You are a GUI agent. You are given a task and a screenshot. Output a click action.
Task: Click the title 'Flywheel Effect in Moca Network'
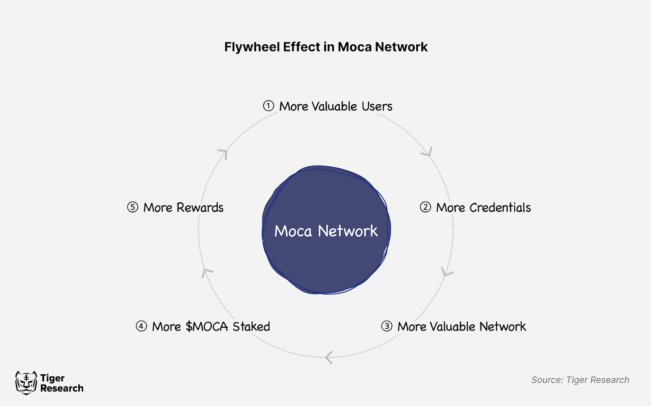pyautogui.click(x=326, y=47)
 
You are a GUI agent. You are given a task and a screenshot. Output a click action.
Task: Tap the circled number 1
pyautogui.click(x=268, y=106)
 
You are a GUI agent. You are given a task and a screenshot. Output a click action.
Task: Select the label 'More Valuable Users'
pyautogui.click(x=336, y=106)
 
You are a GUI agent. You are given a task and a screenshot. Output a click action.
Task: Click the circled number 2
pyautogui.click(x=425, y=207)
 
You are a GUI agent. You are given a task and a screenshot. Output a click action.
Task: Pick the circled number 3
pyautogui.click(x=386, y=326)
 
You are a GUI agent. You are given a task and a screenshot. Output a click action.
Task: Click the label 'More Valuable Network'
pyautogui.click(x=461, y=326)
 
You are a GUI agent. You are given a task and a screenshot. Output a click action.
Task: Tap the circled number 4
pyautogui.click(x=141, y=326)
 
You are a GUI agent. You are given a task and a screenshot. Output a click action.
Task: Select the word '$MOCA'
pyautogui.click(x=207, y=326)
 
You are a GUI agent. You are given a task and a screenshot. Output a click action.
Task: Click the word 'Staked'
pyautogui.click(x=251, y=326)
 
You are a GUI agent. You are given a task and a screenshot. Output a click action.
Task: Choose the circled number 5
pyautogui.click(x=132, y=207)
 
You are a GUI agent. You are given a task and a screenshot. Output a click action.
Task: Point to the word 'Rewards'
pyautogui.click(x=200, y=207)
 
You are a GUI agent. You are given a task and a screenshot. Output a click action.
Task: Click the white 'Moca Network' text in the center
pyautogui.click(x=326, y=231)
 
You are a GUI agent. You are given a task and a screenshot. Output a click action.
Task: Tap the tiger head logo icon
pyautogui.click(x=26, y=383)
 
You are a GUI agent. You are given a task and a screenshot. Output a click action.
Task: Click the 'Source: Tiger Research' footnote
pyautogui.click(x=580, y=380)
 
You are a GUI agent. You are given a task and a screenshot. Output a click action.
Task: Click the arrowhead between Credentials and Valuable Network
pyautogui.click(x=447, y=272)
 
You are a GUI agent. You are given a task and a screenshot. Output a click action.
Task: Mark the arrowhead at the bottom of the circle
pyautogui.click(x=329, y=357)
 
